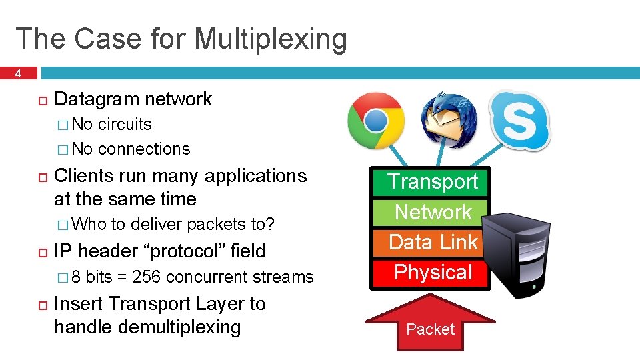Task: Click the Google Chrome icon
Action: (x=376, y=121)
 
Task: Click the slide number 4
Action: (x=19, y=74)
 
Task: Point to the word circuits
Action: (x=125, y=125)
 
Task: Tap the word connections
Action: (x=143, y=149)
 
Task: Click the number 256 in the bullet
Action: (x=145, y=277)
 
